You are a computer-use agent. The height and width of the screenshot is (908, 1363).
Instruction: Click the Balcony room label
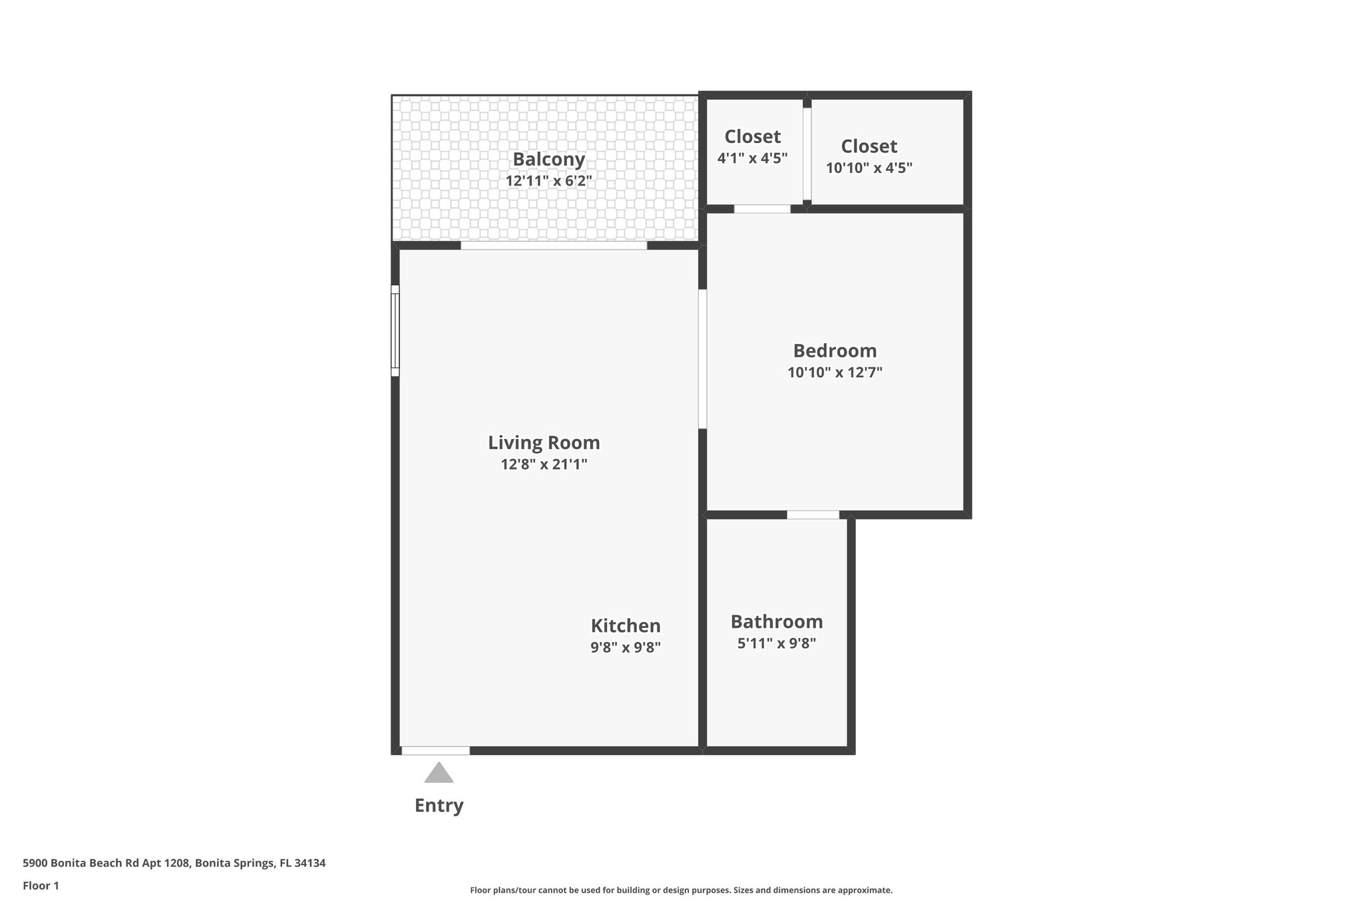(x=548, y=160)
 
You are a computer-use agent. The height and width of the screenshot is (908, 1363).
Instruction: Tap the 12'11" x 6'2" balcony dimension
(x=548, y=181)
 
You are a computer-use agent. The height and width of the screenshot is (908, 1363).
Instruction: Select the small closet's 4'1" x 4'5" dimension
(x=752, y=158)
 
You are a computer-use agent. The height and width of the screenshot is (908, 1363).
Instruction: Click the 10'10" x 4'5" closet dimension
(x=869, y=168)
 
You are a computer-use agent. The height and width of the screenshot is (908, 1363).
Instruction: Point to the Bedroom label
(x=835, y=351)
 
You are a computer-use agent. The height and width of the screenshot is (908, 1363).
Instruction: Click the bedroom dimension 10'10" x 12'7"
(x=835, y=373)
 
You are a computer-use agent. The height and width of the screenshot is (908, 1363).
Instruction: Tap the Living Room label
(x=544, y=442)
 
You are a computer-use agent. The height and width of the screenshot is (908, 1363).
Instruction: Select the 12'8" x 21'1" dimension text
(x=544, y=464)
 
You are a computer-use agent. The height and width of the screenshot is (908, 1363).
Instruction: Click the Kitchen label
(x=626, y=625)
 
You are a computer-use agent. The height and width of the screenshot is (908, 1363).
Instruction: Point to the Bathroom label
(x=777, y=621)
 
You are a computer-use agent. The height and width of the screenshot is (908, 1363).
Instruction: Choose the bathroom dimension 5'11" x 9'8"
(x=777, y=643)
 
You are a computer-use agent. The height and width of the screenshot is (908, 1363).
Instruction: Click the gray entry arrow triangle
(x=439, y=774)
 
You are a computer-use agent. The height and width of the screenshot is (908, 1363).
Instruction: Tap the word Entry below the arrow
(x=439, y=806)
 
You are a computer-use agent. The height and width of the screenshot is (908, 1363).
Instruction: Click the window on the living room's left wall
(x=395, y=331)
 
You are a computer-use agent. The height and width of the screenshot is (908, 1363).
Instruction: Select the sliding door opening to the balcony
(x=553, y=245)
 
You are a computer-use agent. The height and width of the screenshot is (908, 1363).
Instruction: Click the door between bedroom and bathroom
(x=813, y=514)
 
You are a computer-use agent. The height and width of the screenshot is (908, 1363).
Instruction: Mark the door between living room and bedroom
(x=702, y=359)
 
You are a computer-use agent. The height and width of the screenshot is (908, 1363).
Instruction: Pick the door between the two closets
(x=807, y=154)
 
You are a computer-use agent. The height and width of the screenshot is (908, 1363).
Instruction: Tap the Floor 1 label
(x=41, y=885)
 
